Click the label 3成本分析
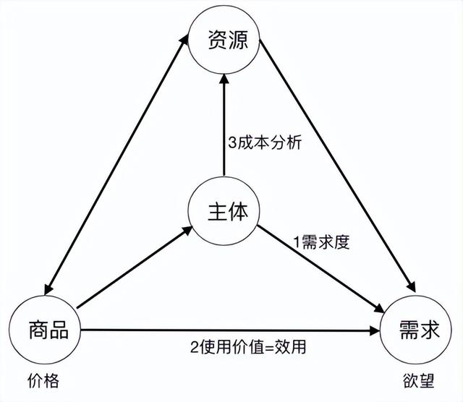[265, 142]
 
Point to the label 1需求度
[321, 242]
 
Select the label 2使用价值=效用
[248, 346]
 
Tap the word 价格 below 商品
[43, 380]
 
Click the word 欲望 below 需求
[419, 380]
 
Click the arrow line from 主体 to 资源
[224, 125]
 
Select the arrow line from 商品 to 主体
[135, 268]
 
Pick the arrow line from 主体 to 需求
[321, 269]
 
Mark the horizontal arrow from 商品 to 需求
[230, 330]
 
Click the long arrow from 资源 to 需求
[338, 166]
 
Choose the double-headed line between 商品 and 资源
[116, 165]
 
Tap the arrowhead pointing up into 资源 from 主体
[224, 80]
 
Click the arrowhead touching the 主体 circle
[187, 231]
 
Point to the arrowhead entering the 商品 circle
[48, 289]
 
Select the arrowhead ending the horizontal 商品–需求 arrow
[375, 330]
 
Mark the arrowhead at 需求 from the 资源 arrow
[412, 287]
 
